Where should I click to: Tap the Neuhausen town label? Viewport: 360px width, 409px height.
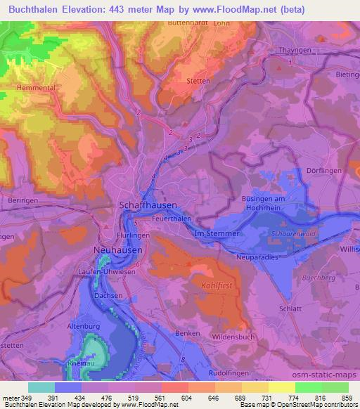117,250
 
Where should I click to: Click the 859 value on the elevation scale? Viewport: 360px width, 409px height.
347,398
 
